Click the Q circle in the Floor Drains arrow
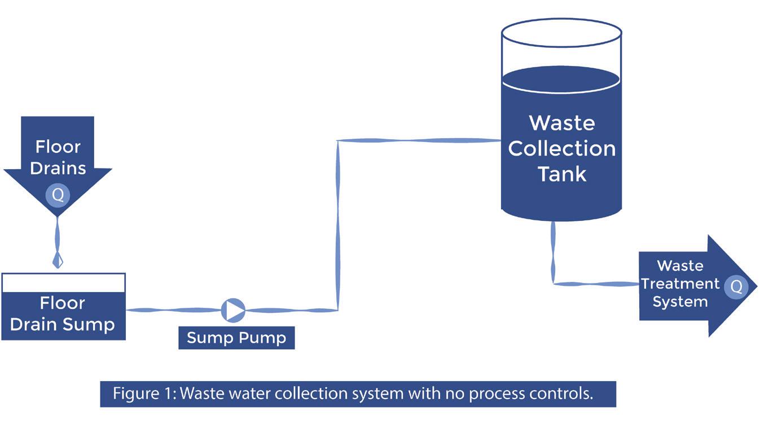[58, 195]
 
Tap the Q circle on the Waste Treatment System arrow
[736, 287]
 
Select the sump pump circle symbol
[233, 310]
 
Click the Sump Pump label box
[236, 338]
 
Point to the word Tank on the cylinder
[562, 174]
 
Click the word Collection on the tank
[562, 149]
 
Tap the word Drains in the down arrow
[58, 168]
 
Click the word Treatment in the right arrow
[680, 284]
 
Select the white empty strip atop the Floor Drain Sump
[64, 283]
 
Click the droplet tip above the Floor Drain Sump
[58, 267]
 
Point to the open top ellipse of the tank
[561, 33]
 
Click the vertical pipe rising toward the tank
[337, 225]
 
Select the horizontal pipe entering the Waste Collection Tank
[419, 140]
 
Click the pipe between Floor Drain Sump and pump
[174, 310]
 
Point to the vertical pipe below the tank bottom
[553, 253]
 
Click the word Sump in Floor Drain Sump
[89, 325]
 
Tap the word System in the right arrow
[680, 302]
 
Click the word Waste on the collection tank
[562, 123]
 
